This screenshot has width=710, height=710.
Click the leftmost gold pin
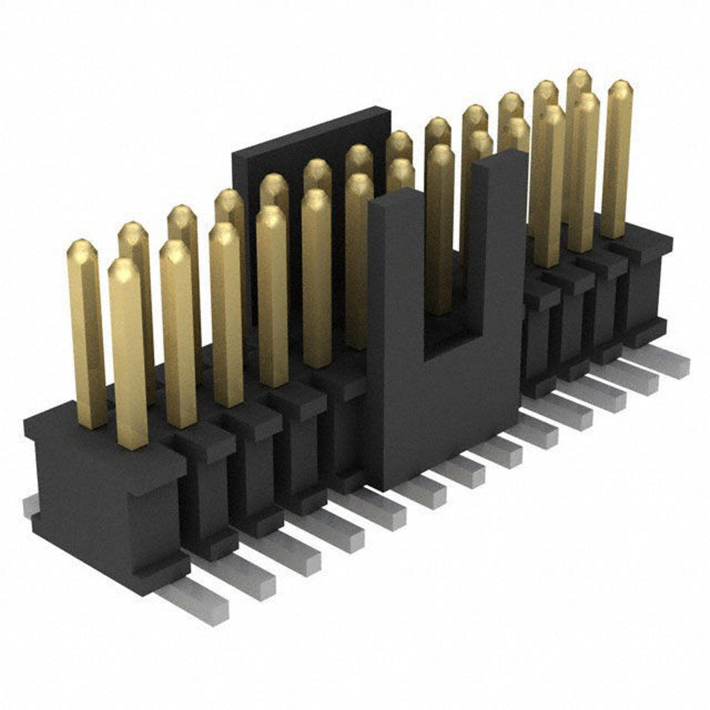[87, 336]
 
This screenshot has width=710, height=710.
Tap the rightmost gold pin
[617, 161]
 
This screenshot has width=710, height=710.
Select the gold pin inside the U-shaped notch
[439, 232]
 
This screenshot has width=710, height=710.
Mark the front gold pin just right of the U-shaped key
[549, 187]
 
